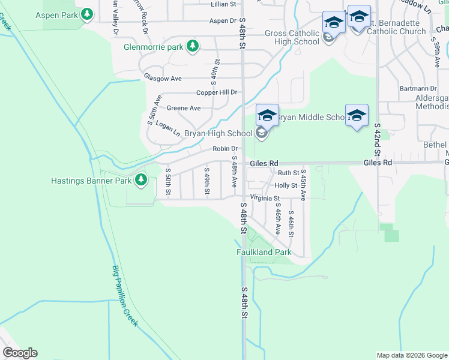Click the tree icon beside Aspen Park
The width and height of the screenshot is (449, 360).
88,13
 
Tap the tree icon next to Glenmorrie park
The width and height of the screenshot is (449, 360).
192,46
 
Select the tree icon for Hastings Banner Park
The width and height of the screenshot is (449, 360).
140,179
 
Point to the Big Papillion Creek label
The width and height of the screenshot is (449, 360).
125,296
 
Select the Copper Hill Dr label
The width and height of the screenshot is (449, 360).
218,92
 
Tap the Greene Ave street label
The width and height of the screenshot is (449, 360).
183,108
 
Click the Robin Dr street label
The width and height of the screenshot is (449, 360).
225,149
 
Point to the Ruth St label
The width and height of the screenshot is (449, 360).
288,173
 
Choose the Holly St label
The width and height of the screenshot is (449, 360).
286,186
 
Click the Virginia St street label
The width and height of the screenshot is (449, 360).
264,198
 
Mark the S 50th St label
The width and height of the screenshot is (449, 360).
168,182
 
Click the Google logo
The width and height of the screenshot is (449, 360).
20,353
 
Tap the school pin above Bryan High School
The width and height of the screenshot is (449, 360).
267,115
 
